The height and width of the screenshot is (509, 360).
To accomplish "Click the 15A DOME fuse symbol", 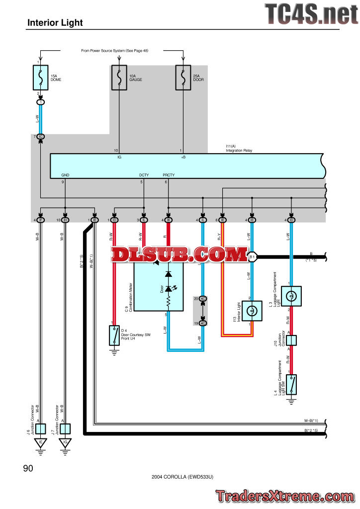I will [41, 77].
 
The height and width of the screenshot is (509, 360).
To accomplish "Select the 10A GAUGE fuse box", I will [119, 77].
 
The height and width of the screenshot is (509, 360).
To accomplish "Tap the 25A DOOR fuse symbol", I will [183, 77].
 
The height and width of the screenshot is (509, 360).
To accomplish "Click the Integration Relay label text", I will [239, 150].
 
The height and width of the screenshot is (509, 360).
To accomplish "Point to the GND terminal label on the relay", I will [66, 175].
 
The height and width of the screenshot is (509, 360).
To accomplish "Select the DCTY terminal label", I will [144, 175].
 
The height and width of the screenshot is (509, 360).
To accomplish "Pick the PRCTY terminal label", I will [169, 175].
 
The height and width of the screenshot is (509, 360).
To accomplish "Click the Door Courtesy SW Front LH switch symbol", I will [114, 336].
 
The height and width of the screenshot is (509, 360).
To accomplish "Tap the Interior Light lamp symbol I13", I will [252, 311].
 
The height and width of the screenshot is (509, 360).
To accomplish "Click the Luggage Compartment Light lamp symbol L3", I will [291, 295].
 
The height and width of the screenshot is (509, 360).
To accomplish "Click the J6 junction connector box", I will [41, 428].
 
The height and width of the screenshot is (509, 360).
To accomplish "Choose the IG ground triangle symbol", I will [66, 442].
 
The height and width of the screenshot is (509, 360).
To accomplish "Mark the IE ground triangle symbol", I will [41, 442].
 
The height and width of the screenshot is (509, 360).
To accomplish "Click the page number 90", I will [28, 468].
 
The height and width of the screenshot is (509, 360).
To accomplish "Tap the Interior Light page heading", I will [55, 22].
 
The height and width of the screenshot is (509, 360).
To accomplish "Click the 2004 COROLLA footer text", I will [182, 477].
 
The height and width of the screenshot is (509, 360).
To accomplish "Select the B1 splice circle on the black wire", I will [252, 257].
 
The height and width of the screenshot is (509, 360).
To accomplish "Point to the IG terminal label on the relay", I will [119, 157].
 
